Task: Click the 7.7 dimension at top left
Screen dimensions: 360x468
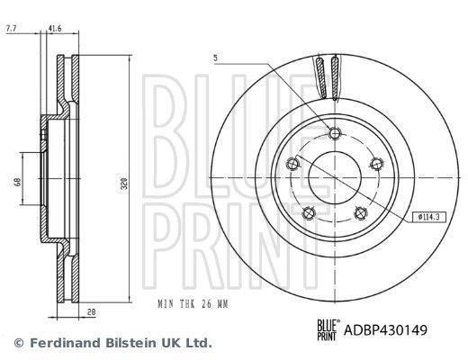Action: pos(12,30)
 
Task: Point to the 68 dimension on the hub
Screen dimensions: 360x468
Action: pos(17,183)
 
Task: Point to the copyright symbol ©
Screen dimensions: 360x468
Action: pos(19,343)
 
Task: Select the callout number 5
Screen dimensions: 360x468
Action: pos(217,58)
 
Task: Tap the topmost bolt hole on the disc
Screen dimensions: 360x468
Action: pos(336,134)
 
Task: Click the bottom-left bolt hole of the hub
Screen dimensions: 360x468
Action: pos(309,212)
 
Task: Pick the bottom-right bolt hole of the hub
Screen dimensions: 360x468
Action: pos(362,212)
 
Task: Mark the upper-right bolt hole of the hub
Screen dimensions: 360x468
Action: pos(378,164)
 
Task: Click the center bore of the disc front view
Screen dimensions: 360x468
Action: pos(335,178)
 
